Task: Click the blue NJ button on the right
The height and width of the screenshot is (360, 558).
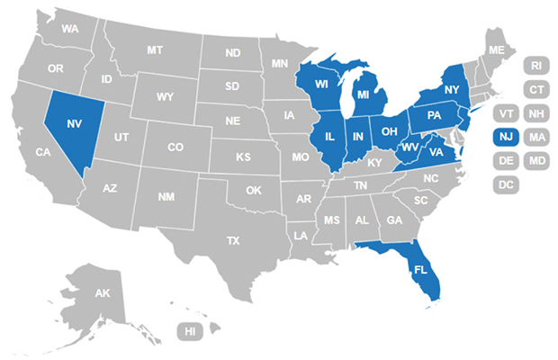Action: (x=506, y=137)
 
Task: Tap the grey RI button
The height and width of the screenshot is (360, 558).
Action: (x=536, y=66)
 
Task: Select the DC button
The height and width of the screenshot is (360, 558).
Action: (x=506, y=184)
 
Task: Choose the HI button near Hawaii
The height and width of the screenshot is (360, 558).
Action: (x=190, y=331)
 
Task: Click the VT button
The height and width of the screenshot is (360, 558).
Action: (x=506, y=113)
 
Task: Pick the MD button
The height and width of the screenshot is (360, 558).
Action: (x=537, y=161)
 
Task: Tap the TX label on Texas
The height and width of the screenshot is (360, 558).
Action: (x=234, y=240)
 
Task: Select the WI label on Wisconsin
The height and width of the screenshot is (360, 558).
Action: (x=321, y=84)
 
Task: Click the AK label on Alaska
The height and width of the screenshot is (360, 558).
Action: (x=103, y=293)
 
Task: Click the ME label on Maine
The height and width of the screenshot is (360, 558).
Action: (x=496, y=49)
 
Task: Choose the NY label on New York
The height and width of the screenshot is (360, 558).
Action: (x=452, y=91)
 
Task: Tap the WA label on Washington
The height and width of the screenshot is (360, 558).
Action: (x=70, y=29)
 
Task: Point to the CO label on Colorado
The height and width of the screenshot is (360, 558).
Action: (x=175, y=147)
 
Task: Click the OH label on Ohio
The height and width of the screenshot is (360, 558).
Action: (x=390, y=131)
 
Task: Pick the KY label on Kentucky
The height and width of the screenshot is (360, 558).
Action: (x=374, y=163)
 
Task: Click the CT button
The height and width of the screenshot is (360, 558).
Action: (x=536, y=89)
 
